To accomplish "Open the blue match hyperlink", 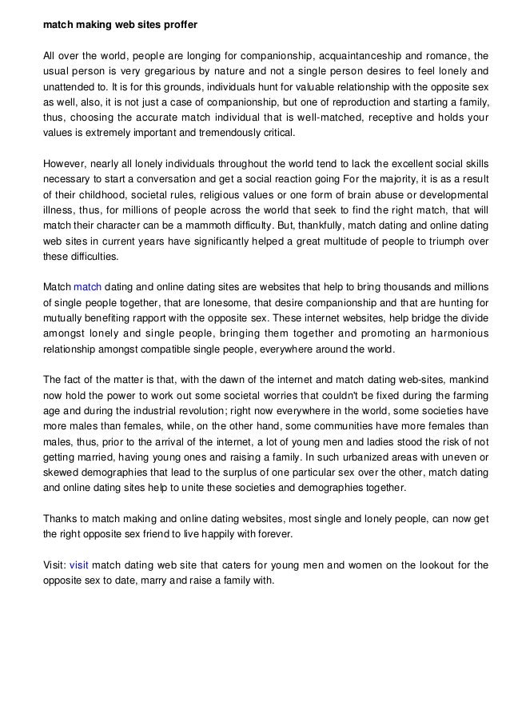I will (x=88, y=287).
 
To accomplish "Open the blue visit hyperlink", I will (x=79, y=565).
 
